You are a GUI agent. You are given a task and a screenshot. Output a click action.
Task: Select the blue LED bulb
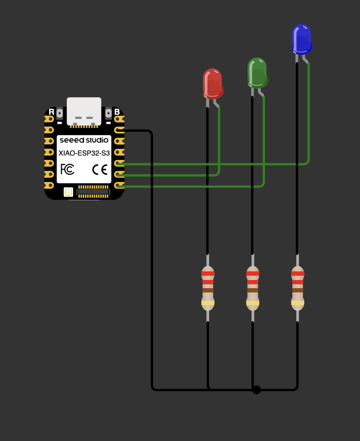click(302, 39)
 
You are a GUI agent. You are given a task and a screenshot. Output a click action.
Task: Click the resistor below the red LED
click(208, 288)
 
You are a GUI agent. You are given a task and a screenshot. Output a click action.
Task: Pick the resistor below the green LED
click(253, 288)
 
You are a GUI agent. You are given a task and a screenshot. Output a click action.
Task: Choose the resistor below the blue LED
click(297, 288)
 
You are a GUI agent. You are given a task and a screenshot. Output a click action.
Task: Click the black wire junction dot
click(256, 389)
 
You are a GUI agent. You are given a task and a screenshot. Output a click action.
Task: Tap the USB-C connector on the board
click(84, 111)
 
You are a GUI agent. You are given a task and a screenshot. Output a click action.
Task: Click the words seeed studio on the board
click(84, 140)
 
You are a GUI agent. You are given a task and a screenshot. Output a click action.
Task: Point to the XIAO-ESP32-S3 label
click(84, 153)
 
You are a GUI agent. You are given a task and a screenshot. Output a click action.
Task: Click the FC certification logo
click(67, 170)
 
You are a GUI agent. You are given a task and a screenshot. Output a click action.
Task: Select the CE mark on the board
click(100, 170)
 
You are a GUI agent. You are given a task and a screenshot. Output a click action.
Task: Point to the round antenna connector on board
click(68, 192)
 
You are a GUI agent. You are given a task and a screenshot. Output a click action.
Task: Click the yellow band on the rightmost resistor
click(297, 303)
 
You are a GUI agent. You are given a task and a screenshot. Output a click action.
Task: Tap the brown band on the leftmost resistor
click(208, 290)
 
